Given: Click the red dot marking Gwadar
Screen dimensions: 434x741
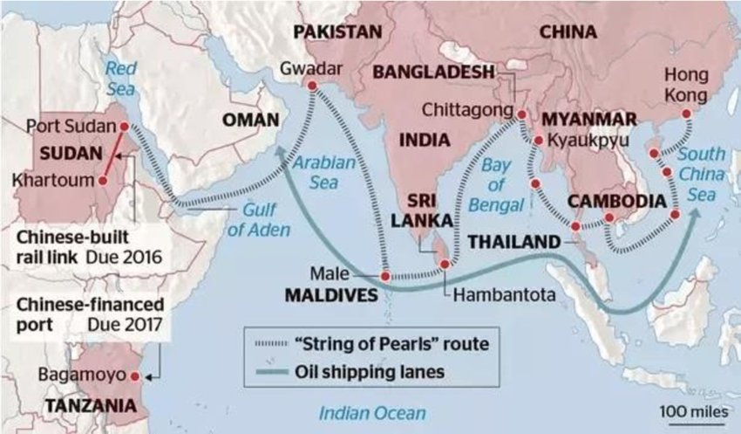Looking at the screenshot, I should (310, 86).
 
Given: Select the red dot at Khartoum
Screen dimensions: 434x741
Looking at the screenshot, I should (103, 181).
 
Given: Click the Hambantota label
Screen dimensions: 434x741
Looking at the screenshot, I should (504, 295).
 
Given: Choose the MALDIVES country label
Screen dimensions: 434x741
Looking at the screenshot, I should (332, 296).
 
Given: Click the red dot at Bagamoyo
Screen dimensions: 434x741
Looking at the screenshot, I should (134, 376).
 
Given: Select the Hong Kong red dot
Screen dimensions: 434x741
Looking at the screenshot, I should (686, 114).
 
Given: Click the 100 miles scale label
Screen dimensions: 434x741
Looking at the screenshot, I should (690, 410).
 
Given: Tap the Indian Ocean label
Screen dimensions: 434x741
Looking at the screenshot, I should (372, 413).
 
